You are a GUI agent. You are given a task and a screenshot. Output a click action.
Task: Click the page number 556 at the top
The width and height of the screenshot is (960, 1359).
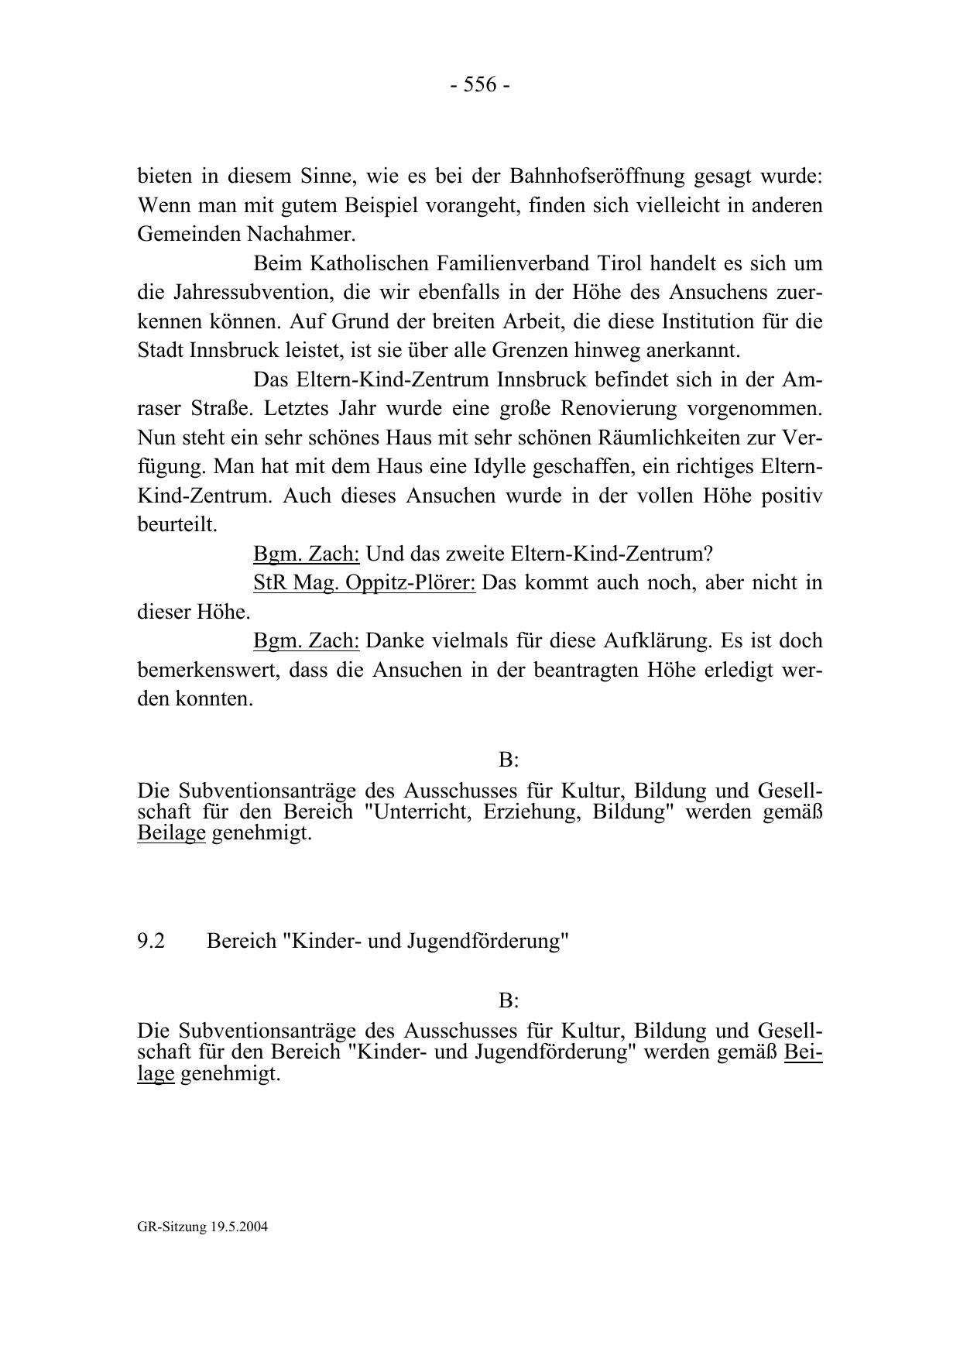[479, 85]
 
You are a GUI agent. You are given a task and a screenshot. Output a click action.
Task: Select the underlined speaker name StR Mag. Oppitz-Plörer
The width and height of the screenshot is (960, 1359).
[364, 582]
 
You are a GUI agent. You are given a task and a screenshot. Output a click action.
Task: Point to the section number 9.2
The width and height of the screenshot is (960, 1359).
[151, 941]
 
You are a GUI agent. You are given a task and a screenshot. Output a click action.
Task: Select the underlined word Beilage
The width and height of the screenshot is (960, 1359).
[171, 833]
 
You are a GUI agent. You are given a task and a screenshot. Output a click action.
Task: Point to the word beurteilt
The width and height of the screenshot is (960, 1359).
[177, 525]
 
